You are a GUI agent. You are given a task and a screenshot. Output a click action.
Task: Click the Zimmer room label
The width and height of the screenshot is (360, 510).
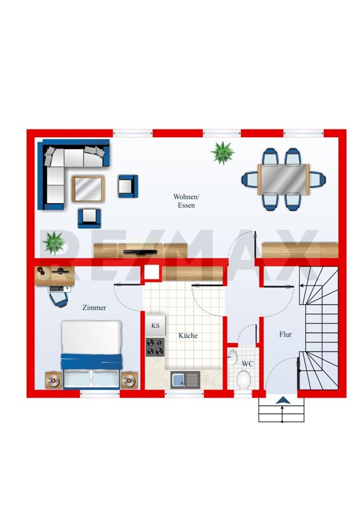pos(94,307)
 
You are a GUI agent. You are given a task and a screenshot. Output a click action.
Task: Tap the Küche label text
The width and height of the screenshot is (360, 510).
pos(188,335)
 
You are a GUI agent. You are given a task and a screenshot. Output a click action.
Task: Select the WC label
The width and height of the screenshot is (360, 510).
pos(247,363)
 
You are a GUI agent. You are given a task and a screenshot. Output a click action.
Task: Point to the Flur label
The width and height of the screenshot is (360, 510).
pos(285,334)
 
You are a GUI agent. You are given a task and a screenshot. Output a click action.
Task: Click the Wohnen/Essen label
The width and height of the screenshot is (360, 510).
pos(186,201)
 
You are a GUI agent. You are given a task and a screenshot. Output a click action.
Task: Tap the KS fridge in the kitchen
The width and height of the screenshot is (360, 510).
pos(155,326)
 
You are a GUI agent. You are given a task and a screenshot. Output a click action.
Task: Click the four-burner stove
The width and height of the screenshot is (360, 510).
pos(155,347)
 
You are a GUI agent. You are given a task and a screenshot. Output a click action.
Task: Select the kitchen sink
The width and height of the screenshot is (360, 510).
pos(185,380)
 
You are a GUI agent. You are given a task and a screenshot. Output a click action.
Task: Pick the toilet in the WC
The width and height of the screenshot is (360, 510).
pos(243,379)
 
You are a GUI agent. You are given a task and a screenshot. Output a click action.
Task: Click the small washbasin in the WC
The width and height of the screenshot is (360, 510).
pos(232,357)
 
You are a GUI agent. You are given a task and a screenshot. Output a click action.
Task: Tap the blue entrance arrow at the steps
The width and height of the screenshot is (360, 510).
pos(283,400)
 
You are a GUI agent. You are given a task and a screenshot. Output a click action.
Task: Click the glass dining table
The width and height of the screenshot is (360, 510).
pos(284,179)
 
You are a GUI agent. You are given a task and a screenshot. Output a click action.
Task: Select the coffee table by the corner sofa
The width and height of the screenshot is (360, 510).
pos(88,189)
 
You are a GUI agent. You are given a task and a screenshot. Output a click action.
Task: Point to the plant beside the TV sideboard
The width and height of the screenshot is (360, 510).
pos(54,243)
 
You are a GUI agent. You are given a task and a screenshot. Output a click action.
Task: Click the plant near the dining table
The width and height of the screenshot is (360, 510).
pos(223,153)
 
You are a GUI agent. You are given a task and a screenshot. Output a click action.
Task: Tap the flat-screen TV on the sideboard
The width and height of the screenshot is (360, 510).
pos(140,252)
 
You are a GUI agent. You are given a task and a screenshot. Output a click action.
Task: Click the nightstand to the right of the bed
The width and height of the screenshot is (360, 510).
pos(129,380)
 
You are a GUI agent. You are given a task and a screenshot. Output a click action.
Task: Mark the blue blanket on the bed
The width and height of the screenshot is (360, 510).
pos(92,361)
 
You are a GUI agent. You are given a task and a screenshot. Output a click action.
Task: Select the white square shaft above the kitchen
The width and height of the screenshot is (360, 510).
pos(152,272)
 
